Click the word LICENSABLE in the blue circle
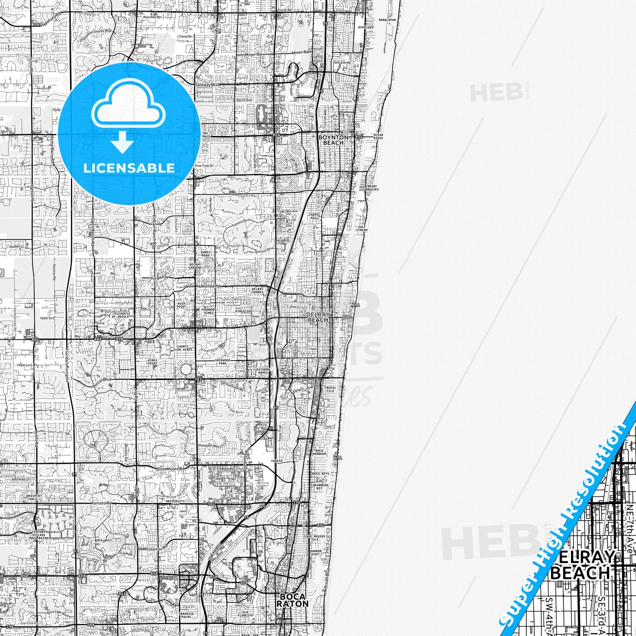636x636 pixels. pyautogui.click(x=129, y=168)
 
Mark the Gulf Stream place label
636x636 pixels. pyautogui.click(x=362, y=228)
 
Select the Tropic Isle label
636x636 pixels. pyautogui.click(x=330, y=390)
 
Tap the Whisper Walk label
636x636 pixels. pyautogui.click(x=33, y=497)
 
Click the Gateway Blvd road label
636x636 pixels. pyautogui.click(x=207, y=85)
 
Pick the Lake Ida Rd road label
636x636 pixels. pyautogui.click(x=209, y=286)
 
